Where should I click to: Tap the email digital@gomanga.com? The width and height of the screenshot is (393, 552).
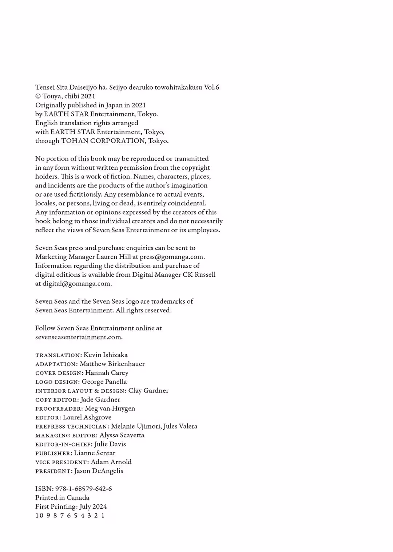(x=77, y=284)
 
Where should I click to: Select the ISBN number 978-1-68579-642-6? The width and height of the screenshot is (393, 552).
(x=83, y=489)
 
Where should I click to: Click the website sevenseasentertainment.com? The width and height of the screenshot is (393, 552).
(x=79, y=337)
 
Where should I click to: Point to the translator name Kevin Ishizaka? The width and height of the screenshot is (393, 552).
(x=106, y=355)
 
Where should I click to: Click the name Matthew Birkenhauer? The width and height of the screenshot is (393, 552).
(x=112, y=364)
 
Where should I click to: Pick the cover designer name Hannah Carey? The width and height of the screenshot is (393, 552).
(x=107, y=373)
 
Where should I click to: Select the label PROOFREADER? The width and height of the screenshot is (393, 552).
(x=59, y=409)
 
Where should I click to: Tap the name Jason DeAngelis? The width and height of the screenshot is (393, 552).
(x=98, y=471)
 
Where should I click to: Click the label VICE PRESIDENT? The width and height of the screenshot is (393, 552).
(x=61, y=462)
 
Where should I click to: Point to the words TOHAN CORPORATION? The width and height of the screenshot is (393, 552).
(x=103, y=141)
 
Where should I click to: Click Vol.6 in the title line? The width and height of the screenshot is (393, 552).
(x=211, y=87)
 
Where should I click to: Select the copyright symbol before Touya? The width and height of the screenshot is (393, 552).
(x=38, y=96)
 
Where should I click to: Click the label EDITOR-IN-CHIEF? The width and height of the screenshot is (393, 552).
(x=63, y=445)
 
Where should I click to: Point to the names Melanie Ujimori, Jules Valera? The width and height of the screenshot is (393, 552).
(x=154, y=426)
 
